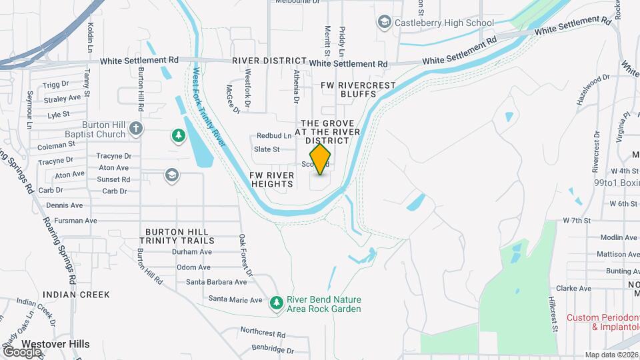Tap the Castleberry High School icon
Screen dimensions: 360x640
[x=383, y=23]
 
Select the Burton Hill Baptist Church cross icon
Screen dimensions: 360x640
[x=136, y=128]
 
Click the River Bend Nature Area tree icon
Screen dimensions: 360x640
[x=277, y=303]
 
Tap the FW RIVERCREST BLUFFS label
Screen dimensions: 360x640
[x=358, y=90]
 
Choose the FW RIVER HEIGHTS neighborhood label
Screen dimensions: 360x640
[x=272, y=179]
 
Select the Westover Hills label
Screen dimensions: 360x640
[x=55, y=344]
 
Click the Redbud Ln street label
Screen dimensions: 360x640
[x=274, y=135]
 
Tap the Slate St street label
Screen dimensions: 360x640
[x=266, y=149]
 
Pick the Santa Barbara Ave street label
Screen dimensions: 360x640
[x=217, y=282]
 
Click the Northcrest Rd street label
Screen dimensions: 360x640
[x=263, y=332]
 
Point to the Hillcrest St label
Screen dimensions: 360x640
[x=553, y=314]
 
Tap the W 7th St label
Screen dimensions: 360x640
[x=577, y=220]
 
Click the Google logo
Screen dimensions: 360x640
[x=22, y=351]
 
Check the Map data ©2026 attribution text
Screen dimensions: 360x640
[x=611, y=355]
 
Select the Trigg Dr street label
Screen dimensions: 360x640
[x=56, y=85]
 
